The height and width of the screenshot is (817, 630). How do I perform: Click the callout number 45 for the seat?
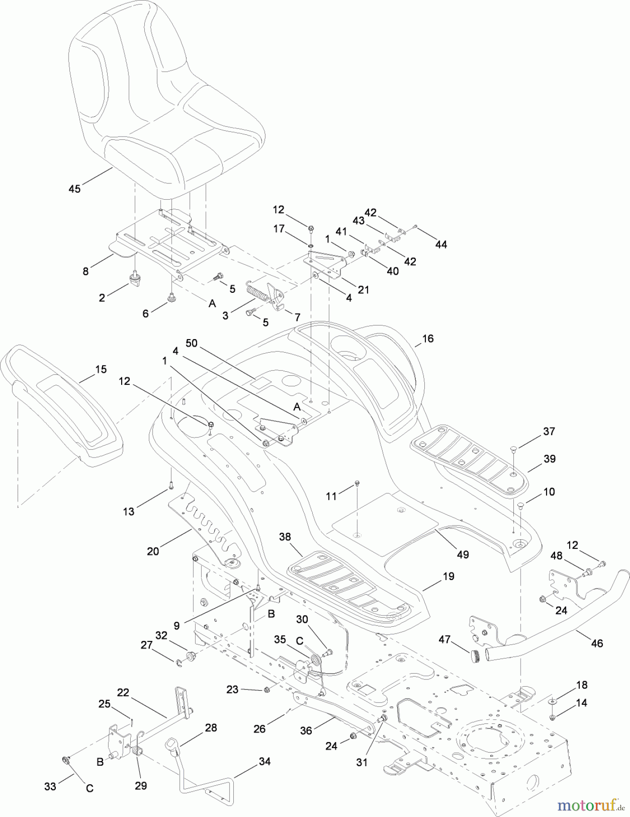point(74,188)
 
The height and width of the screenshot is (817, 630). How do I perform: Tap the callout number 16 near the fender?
point(428,339)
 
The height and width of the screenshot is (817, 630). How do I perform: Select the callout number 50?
point(192,343)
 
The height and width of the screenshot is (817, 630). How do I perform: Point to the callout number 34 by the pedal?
point(264,762)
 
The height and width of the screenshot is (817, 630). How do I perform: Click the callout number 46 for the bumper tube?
point(597,643)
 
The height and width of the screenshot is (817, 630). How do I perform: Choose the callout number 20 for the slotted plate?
point(153,551)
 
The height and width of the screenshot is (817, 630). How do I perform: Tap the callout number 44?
point(441,245)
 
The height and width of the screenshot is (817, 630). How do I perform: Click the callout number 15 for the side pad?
point(101,369)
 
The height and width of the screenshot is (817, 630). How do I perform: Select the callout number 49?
point(463,555)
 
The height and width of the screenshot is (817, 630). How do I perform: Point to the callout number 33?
point(50,786)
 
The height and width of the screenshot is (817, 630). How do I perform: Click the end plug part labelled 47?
point(475,656)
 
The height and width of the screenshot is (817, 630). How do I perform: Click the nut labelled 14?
point(552,716)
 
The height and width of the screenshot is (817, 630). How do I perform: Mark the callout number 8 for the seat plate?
point(86,271)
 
